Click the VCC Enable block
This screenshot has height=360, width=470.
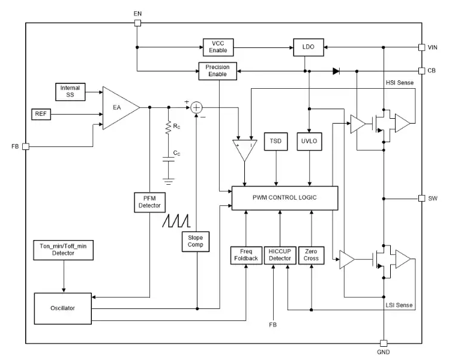(218, 47)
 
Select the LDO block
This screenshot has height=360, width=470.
(308, 46)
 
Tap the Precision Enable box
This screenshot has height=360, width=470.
(217, 71)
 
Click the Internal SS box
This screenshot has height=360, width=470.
(70, 92)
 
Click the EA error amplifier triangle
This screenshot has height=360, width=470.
(119, 108)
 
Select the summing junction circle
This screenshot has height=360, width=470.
(196, 108)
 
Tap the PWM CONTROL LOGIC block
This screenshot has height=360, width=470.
(285, 197)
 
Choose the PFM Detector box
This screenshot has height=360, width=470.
(149, 202)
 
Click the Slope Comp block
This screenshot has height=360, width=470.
(196, 241)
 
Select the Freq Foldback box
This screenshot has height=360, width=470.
(246, 255)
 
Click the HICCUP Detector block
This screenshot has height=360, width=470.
(279, 255)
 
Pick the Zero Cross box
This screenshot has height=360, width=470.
(311, 255)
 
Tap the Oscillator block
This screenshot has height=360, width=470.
(63, 308)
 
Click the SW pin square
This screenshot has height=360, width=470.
(422, 198)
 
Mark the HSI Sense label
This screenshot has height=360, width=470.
(399, 82)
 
